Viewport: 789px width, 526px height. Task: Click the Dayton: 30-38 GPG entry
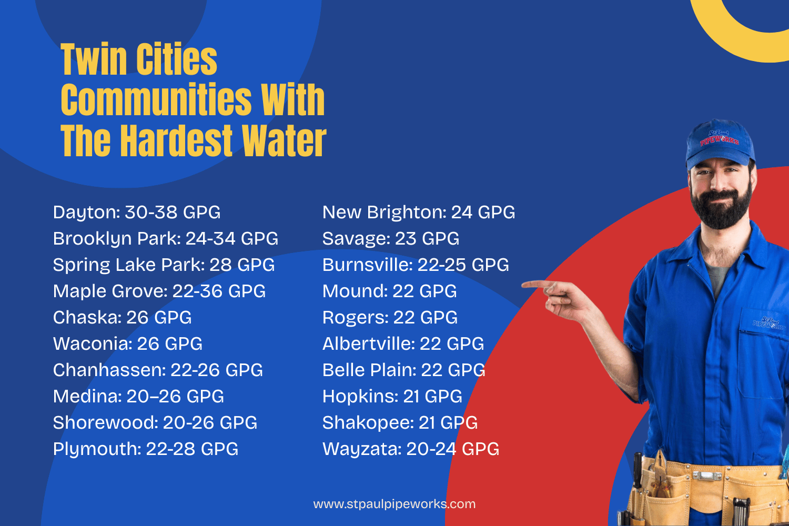[x=137, y=213]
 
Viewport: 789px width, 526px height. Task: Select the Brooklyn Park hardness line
[x=166, y=239]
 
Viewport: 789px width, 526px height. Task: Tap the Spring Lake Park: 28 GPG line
[x=164, y=265]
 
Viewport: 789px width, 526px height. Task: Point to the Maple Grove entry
[x=159, y=291]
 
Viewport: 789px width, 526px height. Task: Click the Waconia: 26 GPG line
[x=127, y=344]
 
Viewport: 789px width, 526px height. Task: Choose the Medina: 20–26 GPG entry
[x=138, y=397]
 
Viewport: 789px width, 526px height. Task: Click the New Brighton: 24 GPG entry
[x=419, y=213]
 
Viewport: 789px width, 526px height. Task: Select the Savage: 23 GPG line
[x=391, y=239]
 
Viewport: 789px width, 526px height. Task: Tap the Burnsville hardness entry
[x=416, y=265]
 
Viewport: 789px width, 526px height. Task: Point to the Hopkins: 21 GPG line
[x=392, y=397]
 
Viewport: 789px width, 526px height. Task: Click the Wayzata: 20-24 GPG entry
[x=411, y=449]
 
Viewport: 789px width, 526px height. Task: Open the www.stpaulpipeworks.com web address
[x=394, y=504]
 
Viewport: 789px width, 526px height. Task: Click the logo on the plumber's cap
[x=719, y=138]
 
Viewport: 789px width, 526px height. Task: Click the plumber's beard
[x=720, y=208]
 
